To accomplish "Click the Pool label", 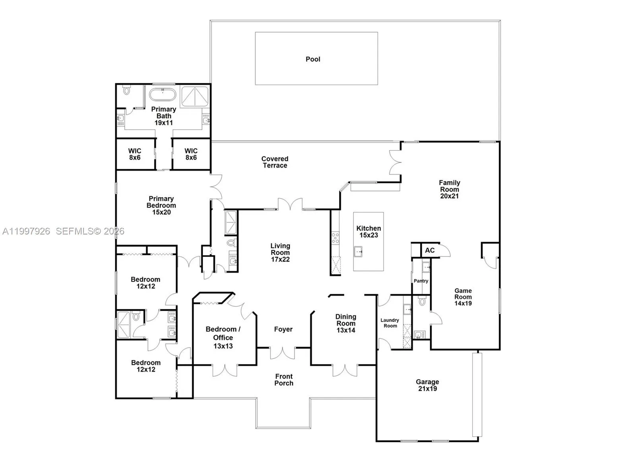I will (x=313, y=59).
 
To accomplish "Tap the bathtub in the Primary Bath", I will (x=163, y=95).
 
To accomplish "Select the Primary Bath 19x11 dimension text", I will (x=164, y=123).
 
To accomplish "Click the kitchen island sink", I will (x=359, y=252).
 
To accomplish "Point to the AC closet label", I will (x=430, y=250).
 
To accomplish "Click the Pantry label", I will (x=421, y=281).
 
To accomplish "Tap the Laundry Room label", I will (x=390, y=323).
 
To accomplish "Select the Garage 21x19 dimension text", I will (x=427, y=389).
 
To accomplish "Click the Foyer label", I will (x=283, y=329).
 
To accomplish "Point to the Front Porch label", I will (x=284, y=380).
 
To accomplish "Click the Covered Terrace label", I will (x=275, y=162).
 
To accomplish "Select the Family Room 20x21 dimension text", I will (x=450, y=196).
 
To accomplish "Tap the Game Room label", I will (x=463, y=294).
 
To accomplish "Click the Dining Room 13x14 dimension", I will (x=346, y=330).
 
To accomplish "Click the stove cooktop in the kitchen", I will (x=335, y=238).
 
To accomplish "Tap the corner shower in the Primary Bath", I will (x=195, y=96).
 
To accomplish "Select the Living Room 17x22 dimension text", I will (x=280, y=260).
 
